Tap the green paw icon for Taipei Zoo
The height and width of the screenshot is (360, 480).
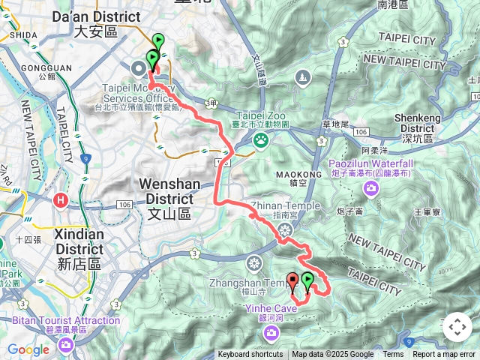260,139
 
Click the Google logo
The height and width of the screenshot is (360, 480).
28,349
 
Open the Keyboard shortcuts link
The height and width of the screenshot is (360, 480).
250,355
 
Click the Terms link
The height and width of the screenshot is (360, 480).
393,355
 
